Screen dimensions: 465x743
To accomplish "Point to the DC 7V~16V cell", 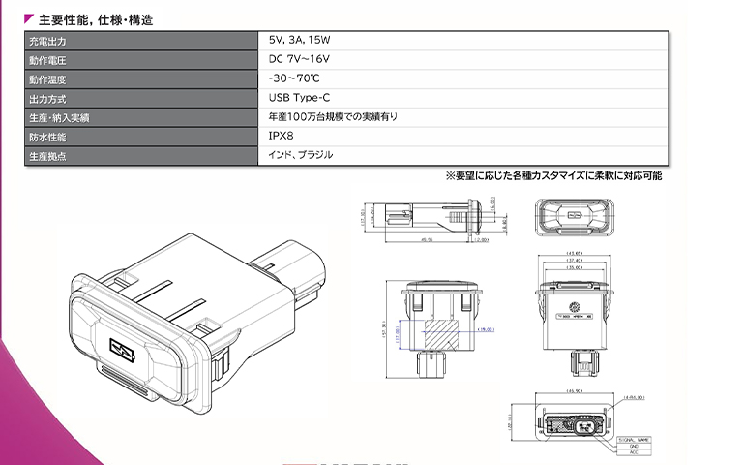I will (x=305, y=60).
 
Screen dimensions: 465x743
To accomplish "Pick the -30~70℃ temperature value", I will (x=294, y=79).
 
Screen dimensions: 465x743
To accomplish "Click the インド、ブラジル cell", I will (x=301, y=155).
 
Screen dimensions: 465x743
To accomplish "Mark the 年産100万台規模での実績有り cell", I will (x=333, y=117).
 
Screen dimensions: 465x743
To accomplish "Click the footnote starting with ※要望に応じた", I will (x=553, y=176).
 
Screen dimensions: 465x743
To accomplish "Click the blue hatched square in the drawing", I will (x=445, y=334).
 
